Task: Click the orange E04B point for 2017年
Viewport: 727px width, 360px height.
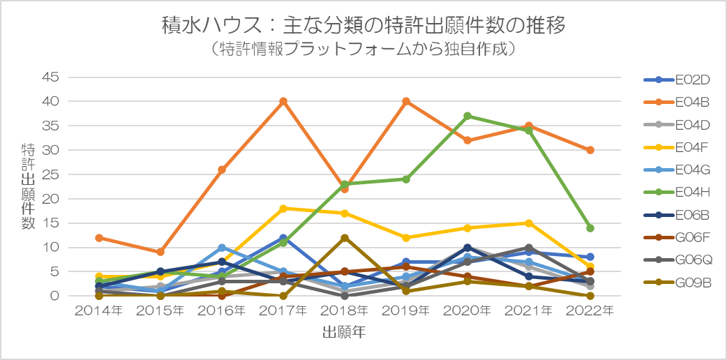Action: pyautogui.click(x=283, y=101)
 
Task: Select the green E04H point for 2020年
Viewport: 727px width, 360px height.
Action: pyautogui.click(x=467, y=116)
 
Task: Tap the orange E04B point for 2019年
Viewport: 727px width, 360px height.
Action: pyautogui.click(x=405, y=101)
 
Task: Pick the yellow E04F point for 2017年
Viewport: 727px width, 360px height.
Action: pyautogui.click(x=283, y=209)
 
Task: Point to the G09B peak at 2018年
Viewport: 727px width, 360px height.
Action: pyautogui.click(x=345, y=237)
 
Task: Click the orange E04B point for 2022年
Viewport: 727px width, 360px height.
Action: pyautogui.click(x=590, y=150)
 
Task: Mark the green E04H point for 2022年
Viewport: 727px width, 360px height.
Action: pyautogui.click(x=590, y=227)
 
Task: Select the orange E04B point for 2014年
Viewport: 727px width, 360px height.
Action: pyautogui.click(x=99, y=237)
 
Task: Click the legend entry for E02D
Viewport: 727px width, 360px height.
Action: pyautogui.click(x=677, y=80)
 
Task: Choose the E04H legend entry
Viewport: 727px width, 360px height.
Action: pyautogui.click(x=677, y=193)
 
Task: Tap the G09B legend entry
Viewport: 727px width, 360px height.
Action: pyautogui.click(x=677, y=283)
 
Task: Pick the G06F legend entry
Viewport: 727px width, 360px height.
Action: pyautogui.click(x=677, y=237)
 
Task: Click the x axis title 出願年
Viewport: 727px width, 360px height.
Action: pyautogui.click(x=344, y=333)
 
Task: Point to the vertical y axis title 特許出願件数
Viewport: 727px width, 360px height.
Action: pyautogui.click(x=28, y=186)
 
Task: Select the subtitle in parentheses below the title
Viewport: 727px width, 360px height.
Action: pyautogui.click(x=363, y=49)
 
